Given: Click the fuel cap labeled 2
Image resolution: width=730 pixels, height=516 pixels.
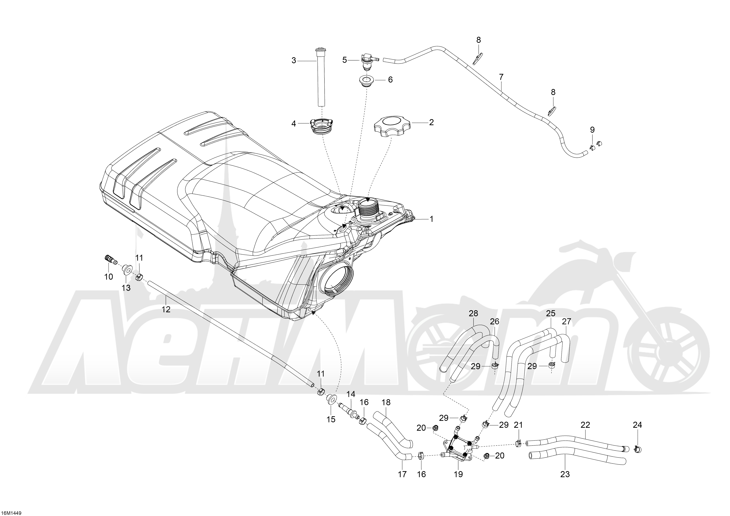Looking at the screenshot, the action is (x=392, y=126).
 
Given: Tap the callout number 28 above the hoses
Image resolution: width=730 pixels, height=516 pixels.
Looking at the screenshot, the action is (x=473, y=313).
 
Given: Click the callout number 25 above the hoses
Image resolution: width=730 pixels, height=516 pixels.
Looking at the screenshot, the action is (x=551, y=313).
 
